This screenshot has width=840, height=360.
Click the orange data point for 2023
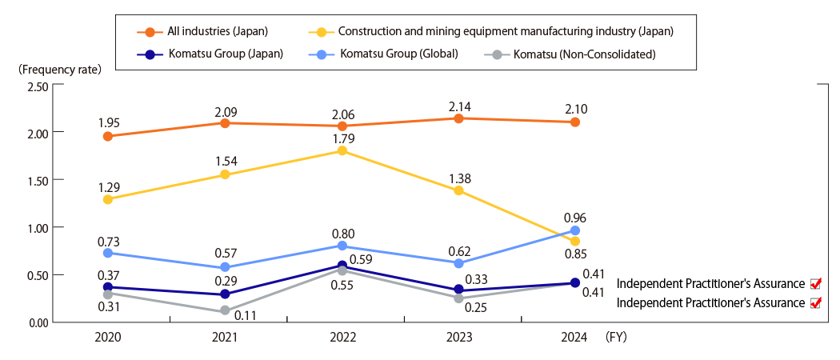(458, 118)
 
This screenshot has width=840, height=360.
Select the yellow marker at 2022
(342, 150)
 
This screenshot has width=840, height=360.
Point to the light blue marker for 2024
(574, 230)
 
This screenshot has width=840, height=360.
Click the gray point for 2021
(226, 310)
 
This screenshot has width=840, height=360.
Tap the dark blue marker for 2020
(108, 286)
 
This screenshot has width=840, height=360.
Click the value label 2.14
(458, 105)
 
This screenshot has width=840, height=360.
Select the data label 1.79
(342, 138)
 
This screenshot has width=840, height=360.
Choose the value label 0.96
(574, 217)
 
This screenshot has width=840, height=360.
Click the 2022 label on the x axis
(342, 338)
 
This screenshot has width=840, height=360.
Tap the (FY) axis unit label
(616, 338)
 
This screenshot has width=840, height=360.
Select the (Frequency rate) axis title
(59, 69)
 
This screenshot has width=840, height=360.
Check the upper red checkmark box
(816, 283)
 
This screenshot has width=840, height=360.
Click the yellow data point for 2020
(108, 199)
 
